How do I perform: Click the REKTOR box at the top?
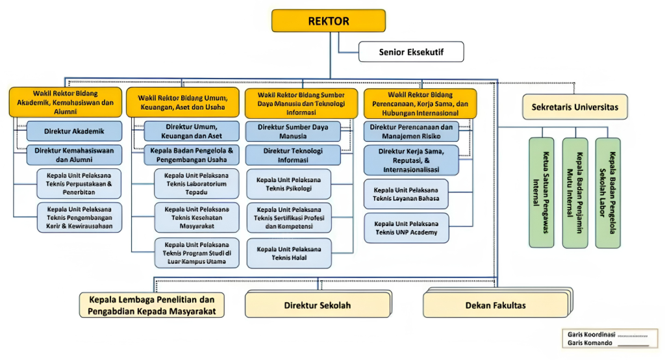tap(329, 21)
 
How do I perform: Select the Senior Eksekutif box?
tap(411, 52)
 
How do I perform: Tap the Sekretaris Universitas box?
tap(575, 107)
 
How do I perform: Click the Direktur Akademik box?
tap(74, 131)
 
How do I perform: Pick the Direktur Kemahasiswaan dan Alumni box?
tap(74, 155)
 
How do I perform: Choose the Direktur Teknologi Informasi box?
tap(293, 155)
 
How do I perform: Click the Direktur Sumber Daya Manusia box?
tap(293, 131)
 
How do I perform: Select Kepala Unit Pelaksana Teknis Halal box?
tap(289, 253)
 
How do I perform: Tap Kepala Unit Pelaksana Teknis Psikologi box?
tap(289, 185)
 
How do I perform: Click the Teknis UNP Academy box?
tap(407, 228)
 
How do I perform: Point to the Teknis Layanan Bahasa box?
tap(406, 194)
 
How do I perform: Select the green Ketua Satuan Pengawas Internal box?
tap(541, 192)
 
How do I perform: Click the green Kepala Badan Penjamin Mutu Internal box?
tap(575, 193)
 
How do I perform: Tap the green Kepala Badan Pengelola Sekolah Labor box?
tap(608, 193)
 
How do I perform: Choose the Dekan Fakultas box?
tap(496, 305)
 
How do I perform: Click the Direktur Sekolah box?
tap(318, 305)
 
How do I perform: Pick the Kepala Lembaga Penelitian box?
tap(152, 305)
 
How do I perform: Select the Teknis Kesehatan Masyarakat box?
tap(197, 218)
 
